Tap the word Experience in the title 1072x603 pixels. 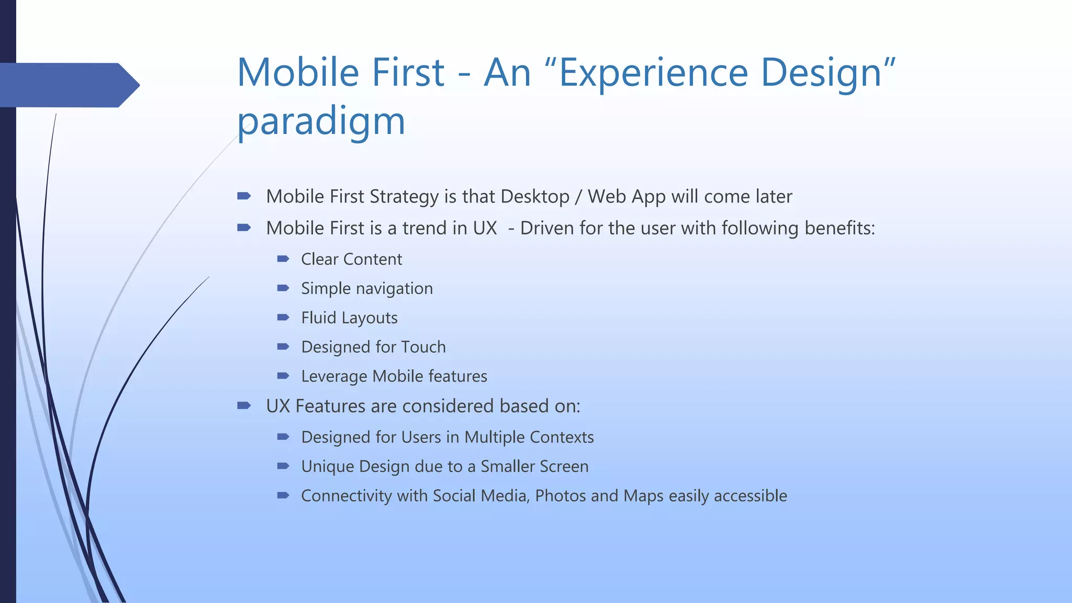653,73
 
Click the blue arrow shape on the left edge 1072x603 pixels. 68,85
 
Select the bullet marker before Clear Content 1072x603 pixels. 283,259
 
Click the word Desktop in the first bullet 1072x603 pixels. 534,197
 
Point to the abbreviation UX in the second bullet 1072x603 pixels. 485,228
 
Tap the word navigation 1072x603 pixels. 394,289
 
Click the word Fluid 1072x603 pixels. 318,318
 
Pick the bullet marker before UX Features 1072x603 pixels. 244,405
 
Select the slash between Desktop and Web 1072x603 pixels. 578,197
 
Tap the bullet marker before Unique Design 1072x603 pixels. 283,466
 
